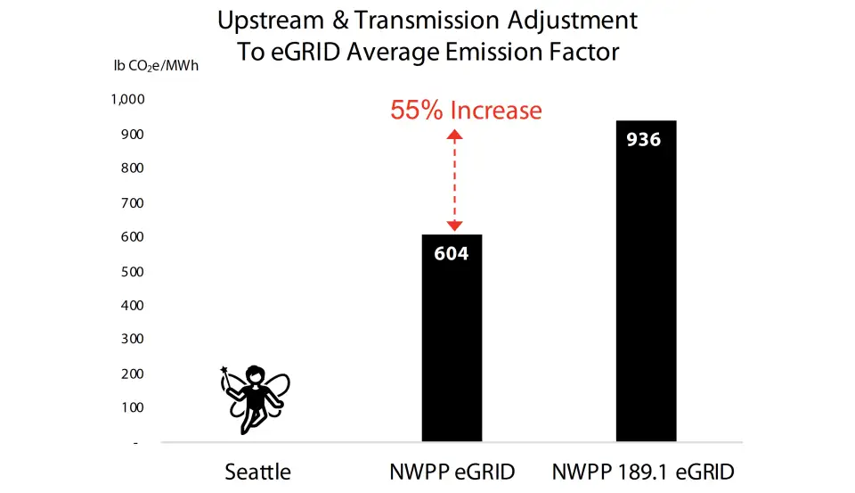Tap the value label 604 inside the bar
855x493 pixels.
[x=452, y=253]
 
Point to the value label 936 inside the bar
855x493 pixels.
[x=644, y=140]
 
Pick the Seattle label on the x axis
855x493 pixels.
[x=257, y=472]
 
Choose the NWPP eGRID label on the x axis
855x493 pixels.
[x=452, y=472]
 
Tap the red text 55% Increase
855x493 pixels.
[x=466, y=111]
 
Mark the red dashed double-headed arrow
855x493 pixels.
[x=454, y=181]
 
